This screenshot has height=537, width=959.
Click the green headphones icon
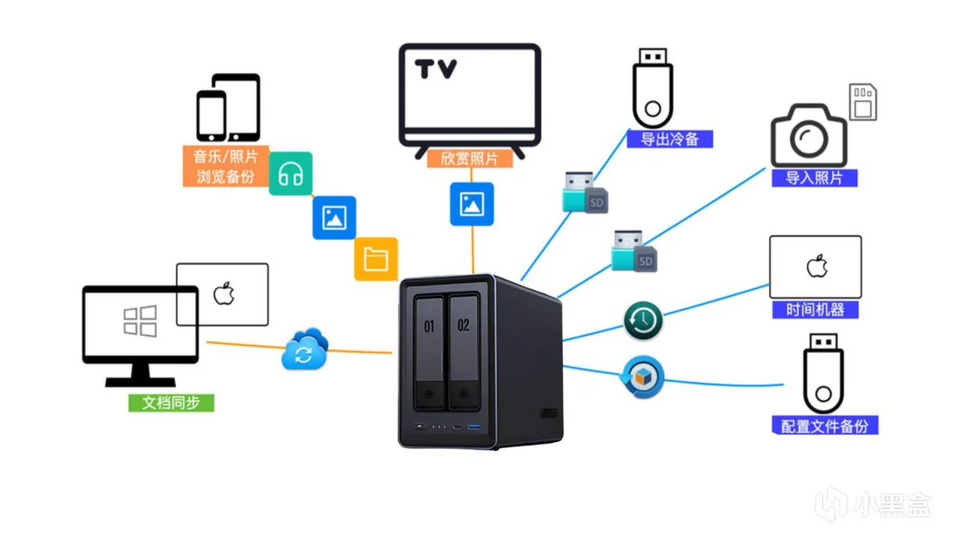290,173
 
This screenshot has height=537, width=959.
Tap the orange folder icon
376,259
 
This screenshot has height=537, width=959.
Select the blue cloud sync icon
304,349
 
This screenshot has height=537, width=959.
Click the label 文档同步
171,403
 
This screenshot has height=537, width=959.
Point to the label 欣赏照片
470,158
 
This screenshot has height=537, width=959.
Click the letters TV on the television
436,69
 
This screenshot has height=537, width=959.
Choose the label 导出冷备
670,139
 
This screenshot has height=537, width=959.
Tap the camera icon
808,136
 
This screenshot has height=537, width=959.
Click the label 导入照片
814,177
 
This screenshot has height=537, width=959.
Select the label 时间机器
815,309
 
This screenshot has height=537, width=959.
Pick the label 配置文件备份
824,425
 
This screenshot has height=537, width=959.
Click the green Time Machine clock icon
643,322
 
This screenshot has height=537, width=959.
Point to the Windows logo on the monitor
140,321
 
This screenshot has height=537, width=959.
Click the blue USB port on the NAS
473,428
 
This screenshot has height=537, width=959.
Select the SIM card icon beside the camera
862,101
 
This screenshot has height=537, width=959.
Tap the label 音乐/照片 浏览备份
225,166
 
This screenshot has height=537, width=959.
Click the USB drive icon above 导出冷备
653,86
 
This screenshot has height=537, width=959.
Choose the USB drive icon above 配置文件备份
822,372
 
